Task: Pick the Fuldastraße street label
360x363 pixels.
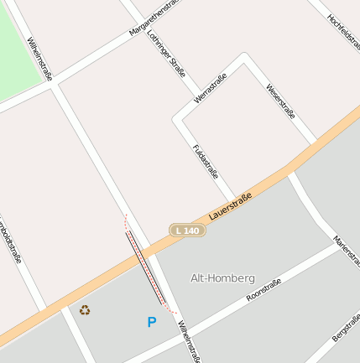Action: coord(205,162)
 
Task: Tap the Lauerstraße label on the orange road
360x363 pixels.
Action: coord(231,204)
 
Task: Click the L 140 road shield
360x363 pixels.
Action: coord(188,231)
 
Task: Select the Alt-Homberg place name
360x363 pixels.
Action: coord(222,277)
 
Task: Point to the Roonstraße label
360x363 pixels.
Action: coord(263,290)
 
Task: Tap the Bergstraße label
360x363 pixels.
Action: coord(346,327)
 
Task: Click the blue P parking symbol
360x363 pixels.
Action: coord(152,322)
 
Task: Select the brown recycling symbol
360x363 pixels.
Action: coord(85,310)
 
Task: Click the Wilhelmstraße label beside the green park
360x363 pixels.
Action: coord(39,59)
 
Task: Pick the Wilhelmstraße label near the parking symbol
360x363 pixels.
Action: coord(188,343)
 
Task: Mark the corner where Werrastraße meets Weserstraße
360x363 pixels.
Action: coord(244,57)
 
